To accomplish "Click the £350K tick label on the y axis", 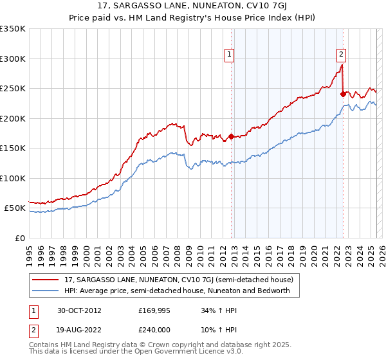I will (13, 29).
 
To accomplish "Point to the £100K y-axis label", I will (13, 178).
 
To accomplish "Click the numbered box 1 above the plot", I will (230, 55).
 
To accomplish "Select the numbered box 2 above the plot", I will (341, 55).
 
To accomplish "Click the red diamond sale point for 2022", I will (343, 94).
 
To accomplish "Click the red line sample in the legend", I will (46, 280).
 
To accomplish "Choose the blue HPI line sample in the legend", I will (46, 291).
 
